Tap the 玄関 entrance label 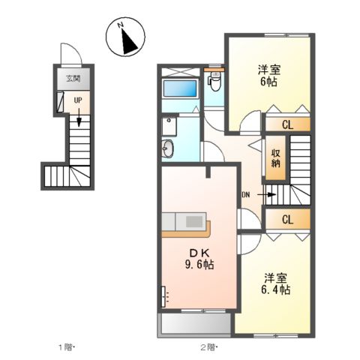72,78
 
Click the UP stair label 77,97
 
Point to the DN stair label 245,196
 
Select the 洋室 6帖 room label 268,76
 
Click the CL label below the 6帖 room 288,126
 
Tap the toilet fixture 214,79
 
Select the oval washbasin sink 169,148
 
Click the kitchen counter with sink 187,223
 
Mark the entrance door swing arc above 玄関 68,54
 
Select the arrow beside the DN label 269,198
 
